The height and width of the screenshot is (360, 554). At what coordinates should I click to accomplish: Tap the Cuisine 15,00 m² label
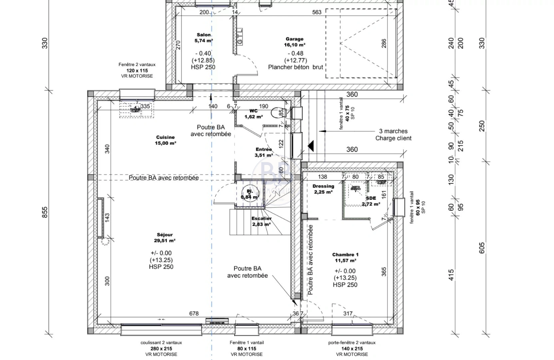pos(166,140)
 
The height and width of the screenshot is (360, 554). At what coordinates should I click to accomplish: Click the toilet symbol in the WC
pos(276,113)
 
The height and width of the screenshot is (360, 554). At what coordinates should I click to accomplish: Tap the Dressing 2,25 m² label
pos(323,189)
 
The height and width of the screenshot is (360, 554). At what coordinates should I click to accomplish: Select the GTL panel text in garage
pos(240,37)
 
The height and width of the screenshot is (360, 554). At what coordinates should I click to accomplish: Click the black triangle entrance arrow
pos(311,145)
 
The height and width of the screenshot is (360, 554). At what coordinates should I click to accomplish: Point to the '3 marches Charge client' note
pos(393,135)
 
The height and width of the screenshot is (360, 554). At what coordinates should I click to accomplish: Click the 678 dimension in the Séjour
pos(194,313)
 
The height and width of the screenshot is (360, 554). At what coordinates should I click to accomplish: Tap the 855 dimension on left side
pos(45,212)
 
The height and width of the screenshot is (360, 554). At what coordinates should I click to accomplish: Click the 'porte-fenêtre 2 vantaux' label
pos(351,343)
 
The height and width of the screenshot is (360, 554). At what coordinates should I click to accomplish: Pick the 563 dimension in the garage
pos(317,12)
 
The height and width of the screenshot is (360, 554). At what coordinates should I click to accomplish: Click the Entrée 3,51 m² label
pos(264,152)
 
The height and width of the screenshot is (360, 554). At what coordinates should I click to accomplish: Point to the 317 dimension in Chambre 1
pos(348,313)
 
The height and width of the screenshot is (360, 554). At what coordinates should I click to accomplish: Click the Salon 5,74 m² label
pos(204,38)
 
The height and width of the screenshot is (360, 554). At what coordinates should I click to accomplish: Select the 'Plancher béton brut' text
pos(295,67)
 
